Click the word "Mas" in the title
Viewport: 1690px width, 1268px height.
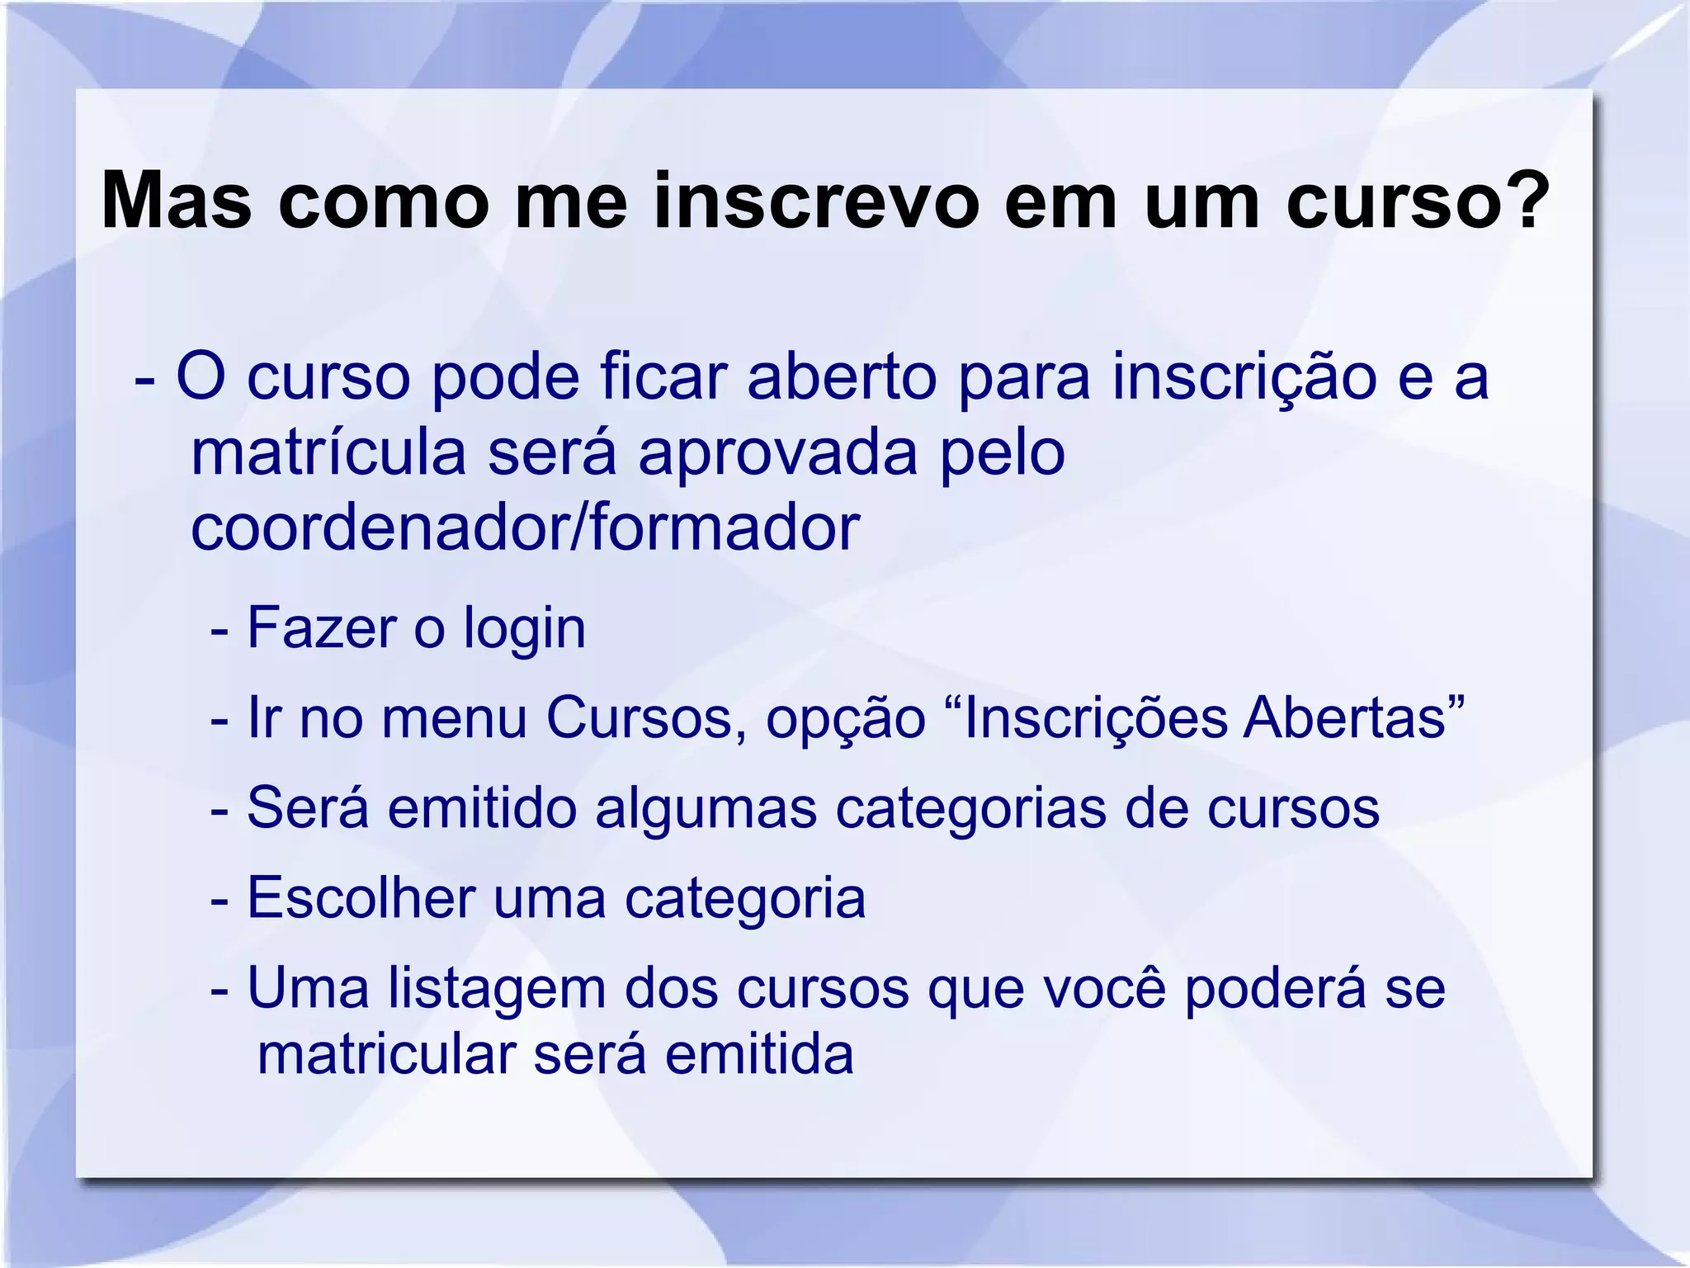click(x=176, y=201)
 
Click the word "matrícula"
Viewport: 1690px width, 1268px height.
click(x=328, y=454)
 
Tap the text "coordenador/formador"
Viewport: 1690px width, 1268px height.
click(x=525, y=528)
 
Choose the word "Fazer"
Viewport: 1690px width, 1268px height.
click(x=321, y=628)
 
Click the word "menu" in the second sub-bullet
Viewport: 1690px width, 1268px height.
click(x=454, y=718)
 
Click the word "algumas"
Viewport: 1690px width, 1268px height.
click(x=706, y=810)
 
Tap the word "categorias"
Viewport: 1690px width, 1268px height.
click(x=970, y=810)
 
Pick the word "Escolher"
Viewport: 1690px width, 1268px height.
click(x=361, y=897)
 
